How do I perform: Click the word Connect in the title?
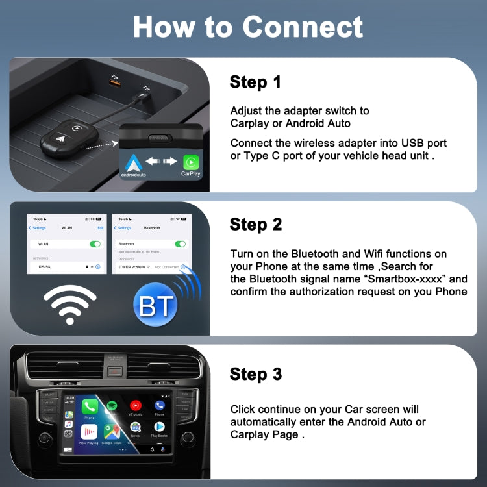click(303, 27)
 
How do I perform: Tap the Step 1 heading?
click(255, 82)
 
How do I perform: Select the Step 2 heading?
click(256, 225)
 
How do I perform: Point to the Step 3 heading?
click(256, 374)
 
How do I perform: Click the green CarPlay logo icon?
click(190, 162)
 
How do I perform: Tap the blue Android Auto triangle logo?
click(134, 162)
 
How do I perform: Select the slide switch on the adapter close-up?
click(160, 138)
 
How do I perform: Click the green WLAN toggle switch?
click(95, 243)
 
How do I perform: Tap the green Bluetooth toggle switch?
click(181, 243)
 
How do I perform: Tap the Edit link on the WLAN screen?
click(101, 228)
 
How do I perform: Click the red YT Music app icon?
click(135, 406)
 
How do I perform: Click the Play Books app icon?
click(158, 428)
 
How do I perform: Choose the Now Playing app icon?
click(89, 432)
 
